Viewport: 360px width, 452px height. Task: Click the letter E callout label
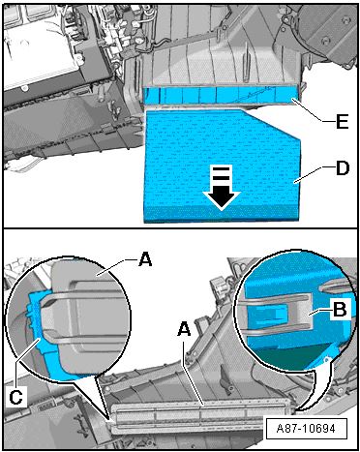342,121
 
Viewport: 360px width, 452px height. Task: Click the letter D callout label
343,168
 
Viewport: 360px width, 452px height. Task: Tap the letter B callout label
340,310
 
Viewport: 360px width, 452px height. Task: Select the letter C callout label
15,397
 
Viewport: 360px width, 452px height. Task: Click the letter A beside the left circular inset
145,259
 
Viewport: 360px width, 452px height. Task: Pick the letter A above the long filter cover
184,329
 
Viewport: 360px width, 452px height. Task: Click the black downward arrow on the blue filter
222,188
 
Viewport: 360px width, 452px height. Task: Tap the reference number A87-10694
306,429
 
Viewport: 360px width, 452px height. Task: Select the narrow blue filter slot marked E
223,96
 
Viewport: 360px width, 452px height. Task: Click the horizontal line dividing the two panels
180,228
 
